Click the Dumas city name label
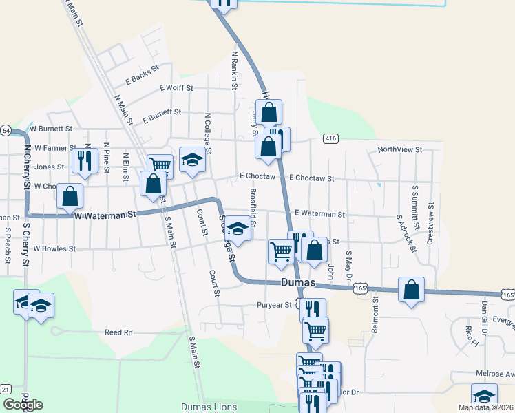[x=298, y=283]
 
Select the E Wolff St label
[x=176, y=88]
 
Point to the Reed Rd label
[x=118, y=332]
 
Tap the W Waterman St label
[x=105, y=215]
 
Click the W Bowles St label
[x=54, y=248]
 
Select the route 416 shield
[x=331, y=139]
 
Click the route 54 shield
[x=6, y=130]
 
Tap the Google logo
[x=23, y=405]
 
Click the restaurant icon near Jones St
[x=81, y=161]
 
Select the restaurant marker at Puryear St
[x=313, y=308]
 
